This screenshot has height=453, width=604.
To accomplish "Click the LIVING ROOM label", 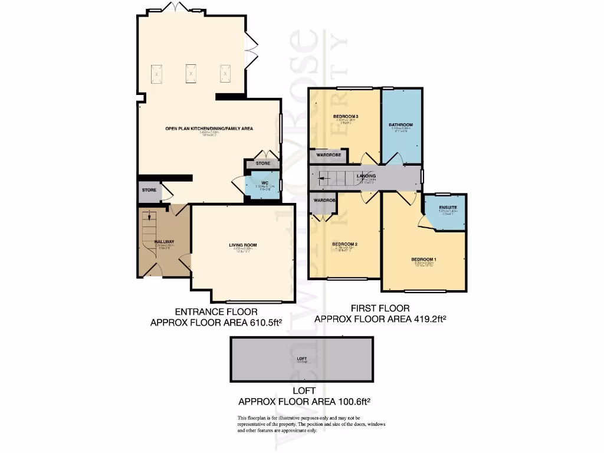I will pyautogui.click(x=242, y=245).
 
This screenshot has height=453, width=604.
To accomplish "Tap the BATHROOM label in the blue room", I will pyautogui.click(x=401, y=125).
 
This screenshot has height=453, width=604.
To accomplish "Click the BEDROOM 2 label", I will pyautogui.click(x=345, y=244).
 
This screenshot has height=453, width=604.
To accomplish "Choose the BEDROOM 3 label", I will pyautogui.click(x=346, y=116).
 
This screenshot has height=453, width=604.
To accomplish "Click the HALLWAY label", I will pyautogui.click(x=164, y=242).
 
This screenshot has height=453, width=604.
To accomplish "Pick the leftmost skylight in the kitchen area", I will pyautogui.click(x=156, y=74).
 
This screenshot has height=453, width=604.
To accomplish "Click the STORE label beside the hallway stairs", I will pyautogui.click(x=149, y=190).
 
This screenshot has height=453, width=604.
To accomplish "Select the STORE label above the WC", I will pyautogui.click(x=262, y=163).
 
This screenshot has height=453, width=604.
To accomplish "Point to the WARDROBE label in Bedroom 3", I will pyautogui.click(x=329, y=155).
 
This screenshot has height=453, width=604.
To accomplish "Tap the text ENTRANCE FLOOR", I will pyautogui.click(x=216, y=311).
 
